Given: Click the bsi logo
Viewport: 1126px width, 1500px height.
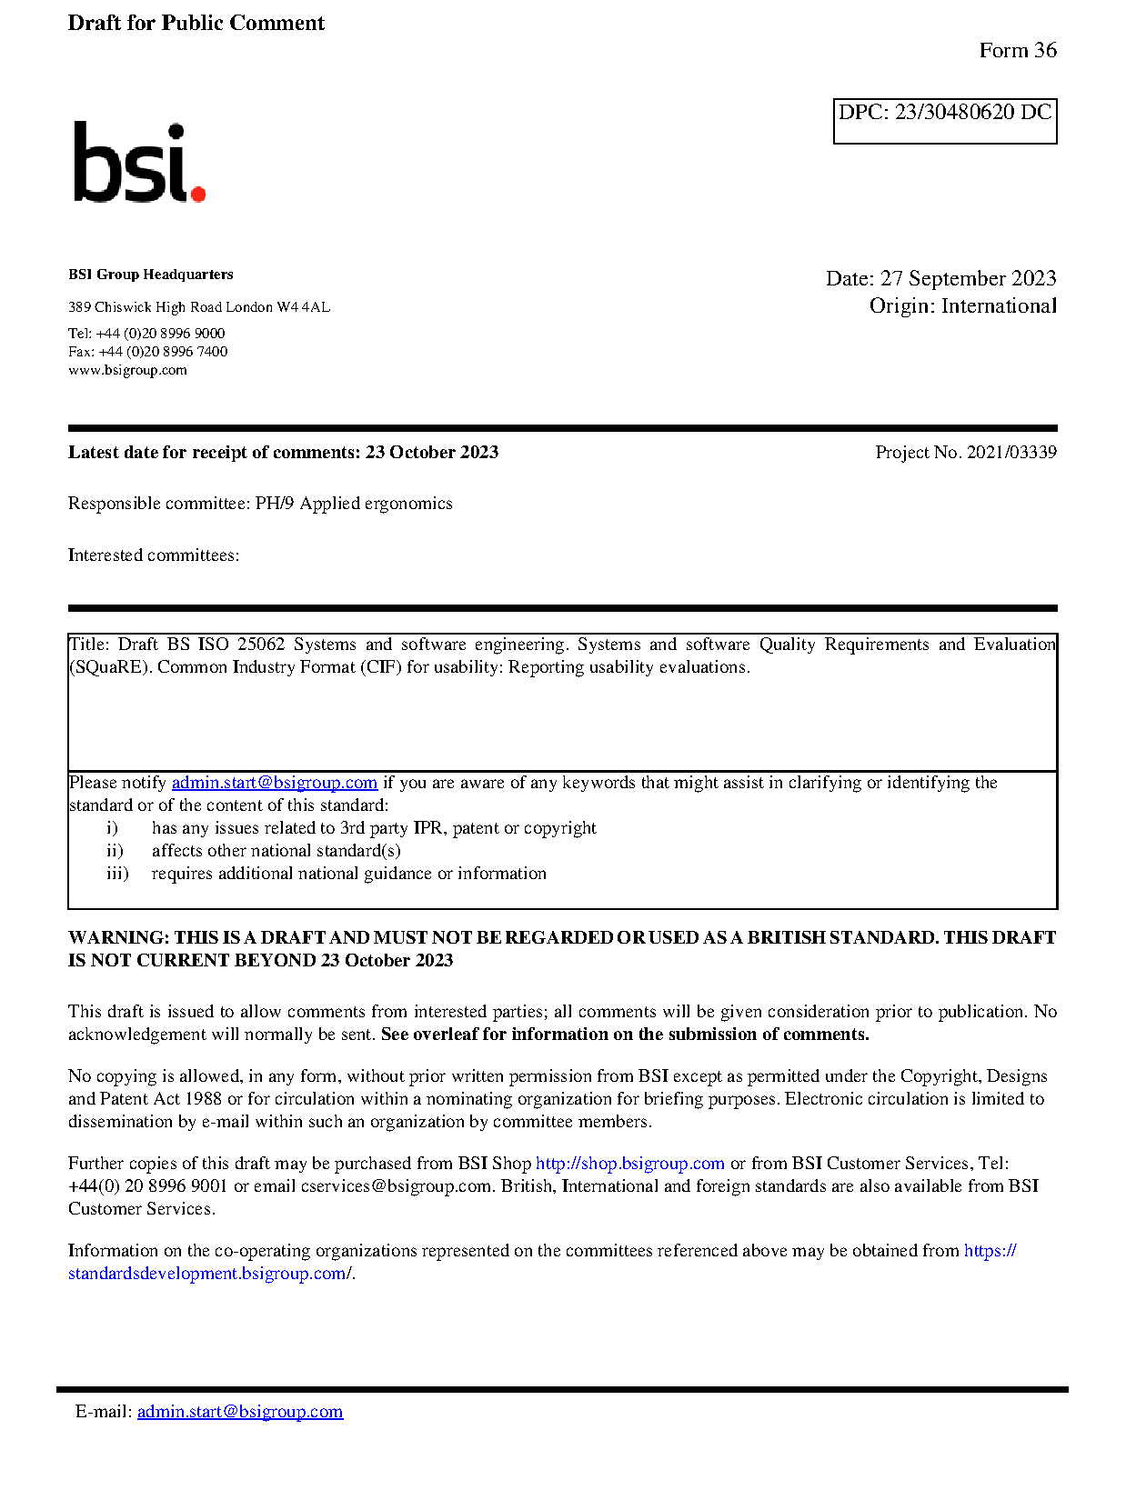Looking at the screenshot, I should (139, 163).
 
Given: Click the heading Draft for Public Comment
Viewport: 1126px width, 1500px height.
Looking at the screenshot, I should (196, 24).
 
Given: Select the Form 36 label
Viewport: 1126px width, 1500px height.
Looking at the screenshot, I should (1017, 51).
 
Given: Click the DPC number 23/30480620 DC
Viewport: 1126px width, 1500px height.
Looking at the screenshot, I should (972, 113).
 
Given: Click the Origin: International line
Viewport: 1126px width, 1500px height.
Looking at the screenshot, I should (962, 306).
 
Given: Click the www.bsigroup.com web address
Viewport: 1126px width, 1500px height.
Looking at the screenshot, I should (127, 370).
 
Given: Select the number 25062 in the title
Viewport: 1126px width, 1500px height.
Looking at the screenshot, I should (261, 645).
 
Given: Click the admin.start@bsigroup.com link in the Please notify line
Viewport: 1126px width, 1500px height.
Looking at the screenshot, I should (274, 783).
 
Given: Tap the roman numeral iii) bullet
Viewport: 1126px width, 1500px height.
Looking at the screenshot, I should (117, 874).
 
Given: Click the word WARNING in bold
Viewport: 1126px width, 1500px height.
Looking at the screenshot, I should (118, 938).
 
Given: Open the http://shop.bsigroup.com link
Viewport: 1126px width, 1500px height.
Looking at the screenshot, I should (629, 1164).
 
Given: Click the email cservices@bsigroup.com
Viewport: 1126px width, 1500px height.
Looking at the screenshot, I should (396, 1186).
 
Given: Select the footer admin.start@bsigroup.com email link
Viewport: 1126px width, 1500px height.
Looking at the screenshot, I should (240, 1412).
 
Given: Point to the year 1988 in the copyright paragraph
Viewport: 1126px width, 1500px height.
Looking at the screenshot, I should (204, 1099).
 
